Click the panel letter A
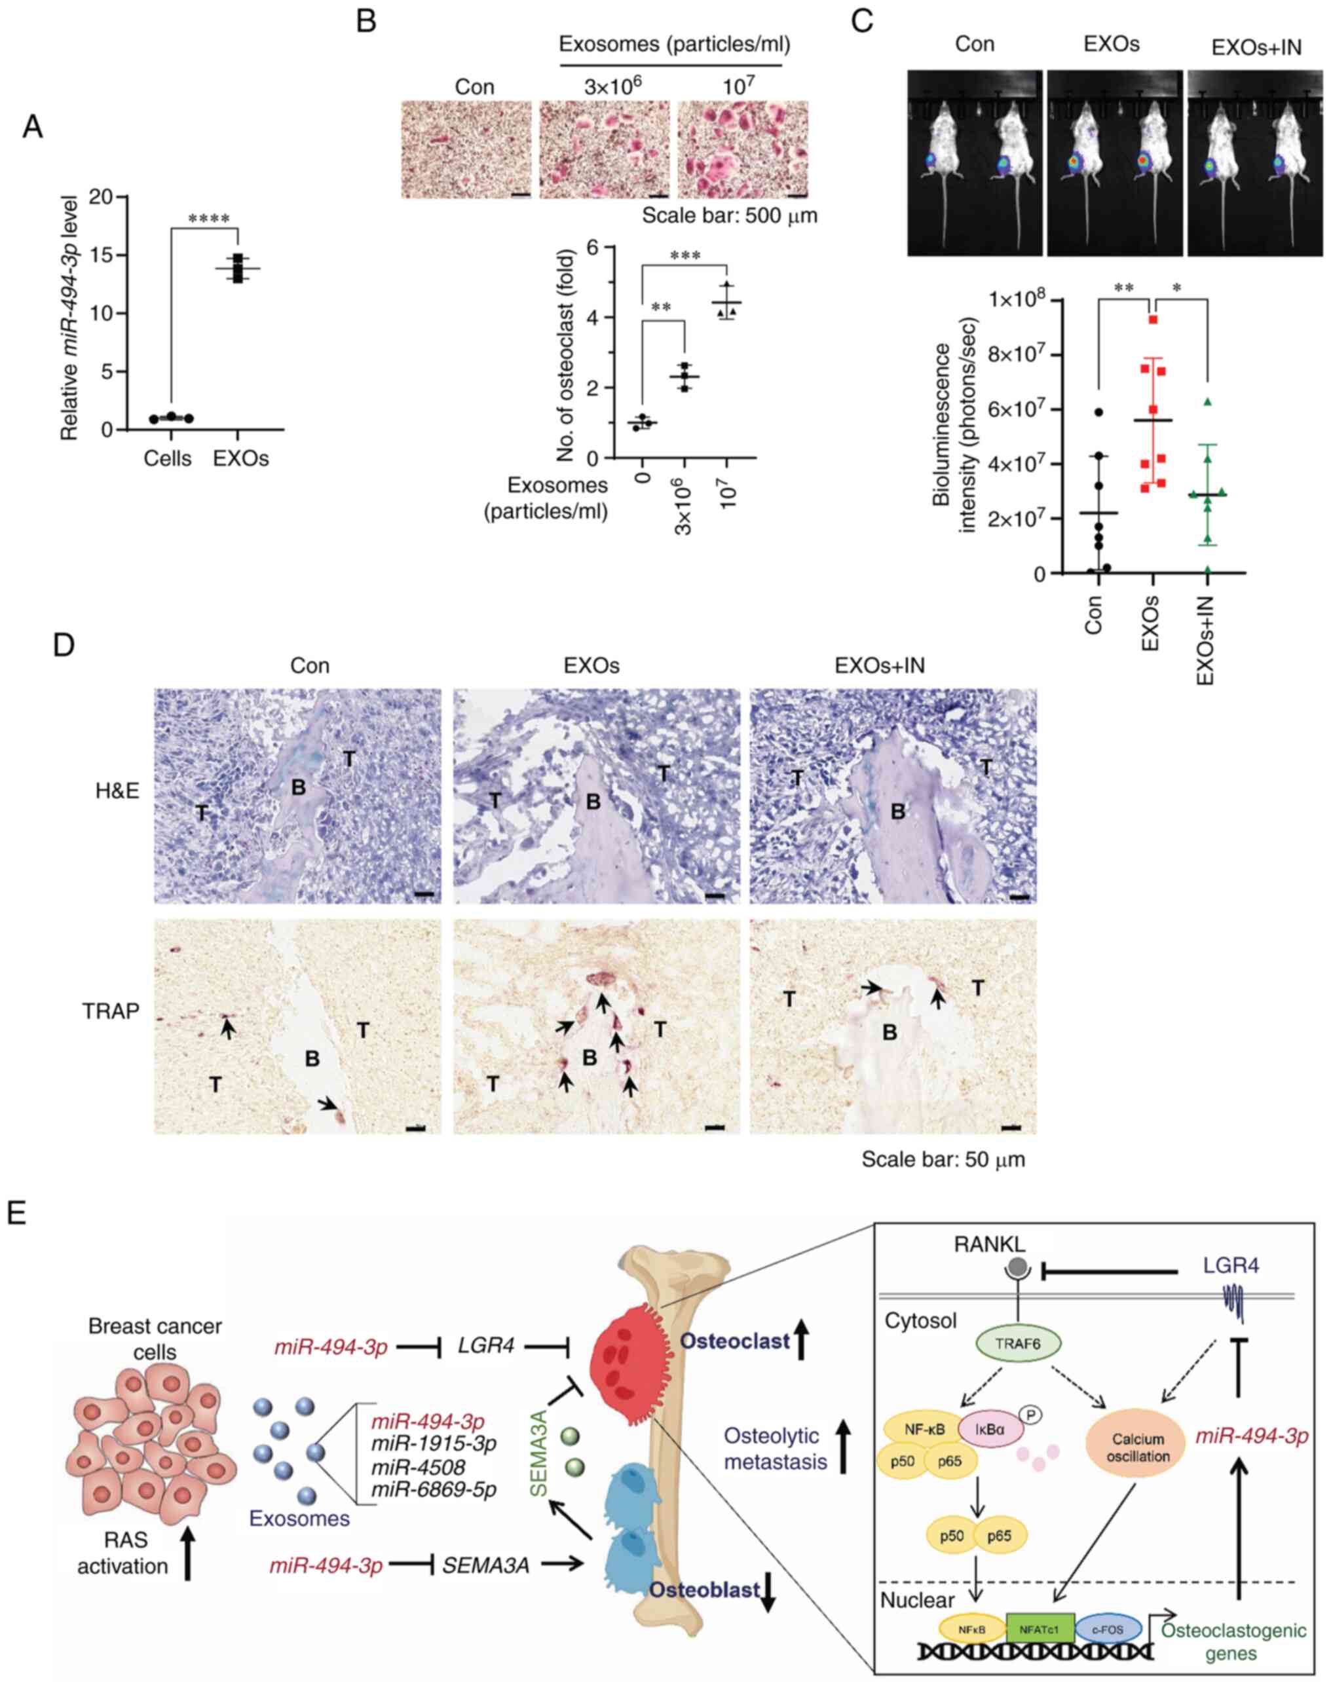point(33,126)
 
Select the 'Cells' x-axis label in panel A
point(168,459)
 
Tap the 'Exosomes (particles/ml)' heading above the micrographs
point(675,45)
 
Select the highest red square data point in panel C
point(1153,320)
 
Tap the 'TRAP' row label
point(111,1011)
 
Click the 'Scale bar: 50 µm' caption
point(943,1160)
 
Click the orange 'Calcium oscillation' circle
point(1138,1447)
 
